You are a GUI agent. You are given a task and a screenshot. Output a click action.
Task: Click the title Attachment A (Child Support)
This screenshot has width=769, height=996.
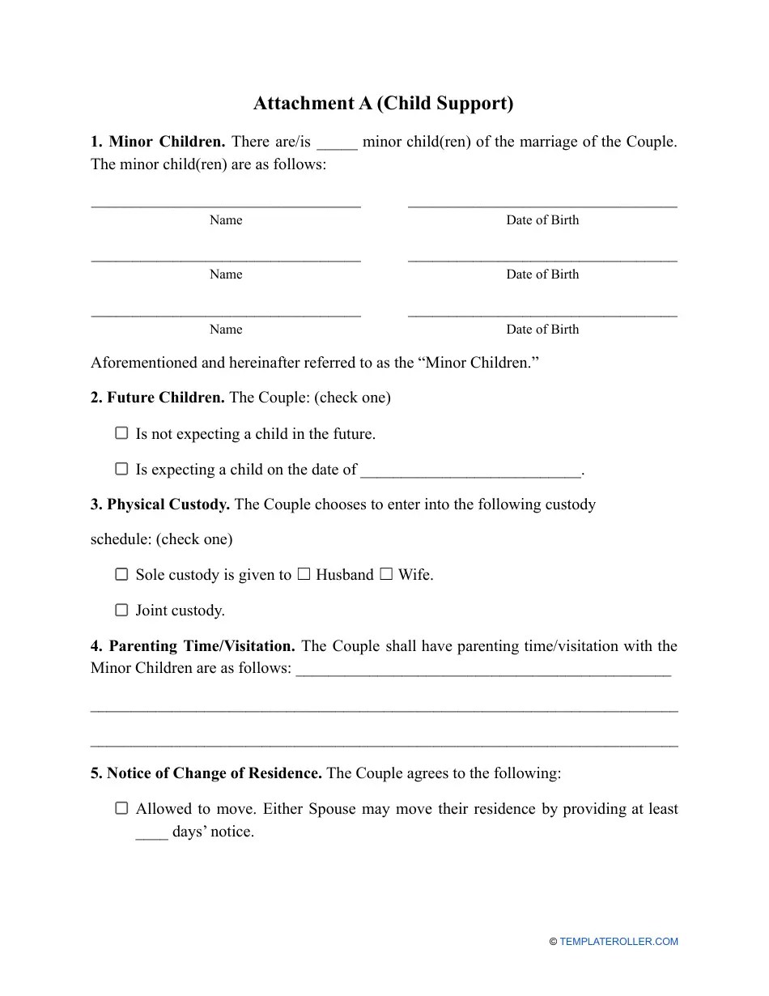tap(384, 104)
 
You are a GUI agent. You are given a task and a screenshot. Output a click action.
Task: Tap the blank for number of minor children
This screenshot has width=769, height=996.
tap(337, 143)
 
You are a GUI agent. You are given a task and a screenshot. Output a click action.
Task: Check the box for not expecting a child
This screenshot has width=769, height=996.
tap(121, 433)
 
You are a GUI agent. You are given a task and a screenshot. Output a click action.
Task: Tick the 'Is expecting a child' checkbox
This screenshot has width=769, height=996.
tap(121, 469)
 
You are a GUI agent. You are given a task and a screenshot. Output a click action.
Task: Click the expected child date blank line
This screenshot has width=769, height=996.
tap(470, 470)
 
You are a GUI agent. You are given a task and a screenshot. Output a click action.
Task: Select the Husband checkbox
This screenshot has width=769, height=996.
tap(304, 574)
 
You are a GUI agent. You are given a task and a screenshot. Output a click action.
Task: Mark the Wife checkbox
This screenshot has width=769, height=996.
tap(386, 574)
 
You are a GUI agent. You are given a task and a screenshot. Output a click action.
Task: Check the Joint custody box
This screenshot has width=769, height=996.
tap(121, 610)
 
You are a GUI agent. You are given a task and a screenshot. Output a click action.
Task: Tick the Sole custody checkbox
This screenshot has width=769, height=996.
tap(121, 574)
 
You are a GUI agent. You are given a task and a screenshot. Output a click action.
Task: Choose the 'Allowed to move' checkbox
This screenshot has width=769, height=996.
tap(121, 808)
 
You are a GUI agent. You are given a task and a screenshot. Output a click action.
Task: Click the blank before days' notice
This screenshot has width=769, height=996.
tap(151, 833)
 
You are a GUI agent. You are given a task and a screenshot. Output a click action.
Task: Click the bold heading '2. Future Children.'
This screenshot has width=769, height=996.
tap(158, 398)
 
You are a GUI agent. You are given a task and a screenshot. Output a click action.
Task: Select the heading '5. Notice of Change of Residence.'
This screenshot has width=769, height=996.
tap(206, 773)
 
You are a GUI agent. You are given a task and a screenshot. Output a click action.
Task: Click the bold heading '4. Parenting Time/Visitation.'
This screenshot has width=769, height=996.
tap(193, 646)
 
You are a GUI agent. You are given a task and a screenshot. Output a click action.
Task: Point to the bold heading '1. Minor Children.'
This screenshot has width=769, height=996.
tap(158, 142)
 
